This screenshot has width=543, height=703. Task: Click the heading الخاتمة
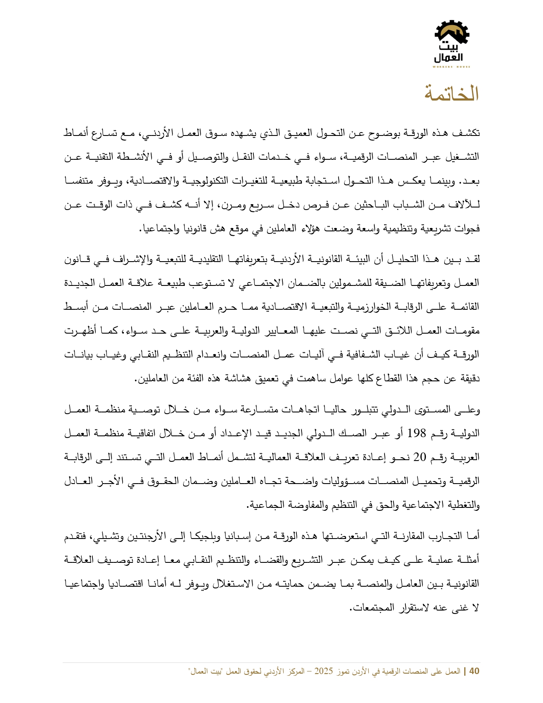[x=451, y=94]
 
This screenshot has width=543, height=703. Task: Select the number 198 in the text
[x=417, y=434]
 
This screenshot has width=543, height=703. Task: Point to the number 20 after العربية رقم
[x=419, y=458]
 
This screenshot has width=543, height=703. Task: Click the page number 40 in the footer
[x=474, y=671]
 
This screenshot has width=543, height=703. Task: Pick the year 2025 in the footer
[x=323, y=671]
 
